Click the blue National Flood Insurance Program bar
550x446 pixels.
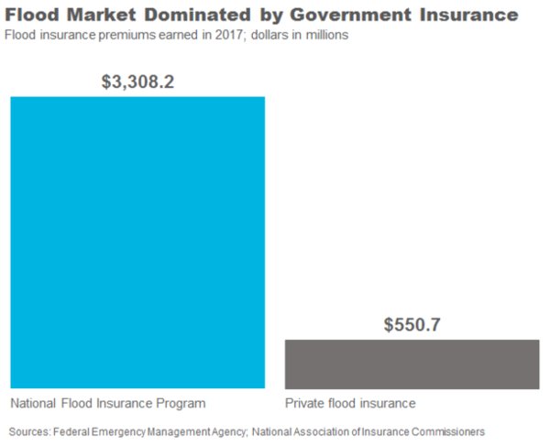click(x=137, y=243)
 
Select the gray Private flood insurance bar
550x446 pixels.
click(x=412, y=364)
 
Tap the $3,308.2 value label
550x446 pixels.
click(x=137, y=82)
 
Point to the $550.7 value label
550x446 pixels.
click(x=412, y=324)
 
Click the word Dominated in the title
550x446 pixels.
click(x=198, y=15)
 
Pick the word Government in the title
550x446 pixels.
click(x=351, y=15)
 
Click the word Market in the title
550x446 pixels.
click(x=101, y=15)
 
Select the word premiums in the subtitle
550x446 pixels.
click(x=127, y=36)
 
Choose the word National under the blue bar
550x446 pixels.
click(x=33, y=403)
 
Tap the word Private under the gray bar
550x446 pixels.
click(x=304, y=403)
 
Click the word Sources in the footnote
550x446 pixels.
click(x=30, y=431)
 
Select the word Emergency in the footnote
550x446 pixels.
click(x=118, y=432)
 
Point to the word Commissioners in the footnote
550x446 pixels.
click(x=448, y=431)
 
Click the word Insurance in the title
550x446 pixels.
click(x=469, y=15)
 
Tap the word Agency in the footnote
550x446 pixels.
click(x=229, y=432)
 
